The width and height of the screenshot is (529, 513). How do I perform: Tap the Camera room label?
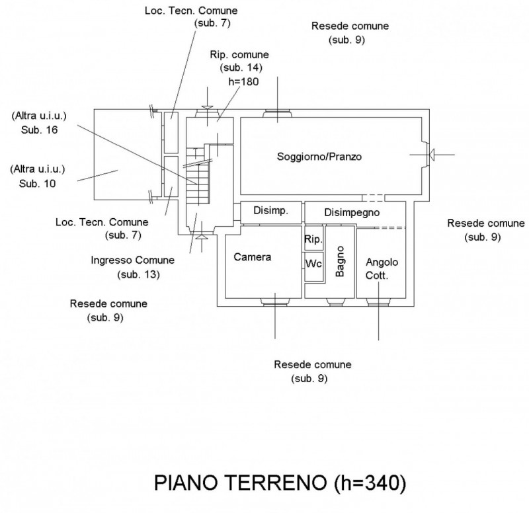[252, 257]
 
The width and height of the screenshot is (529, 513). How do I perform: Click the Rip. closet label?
[313, 239]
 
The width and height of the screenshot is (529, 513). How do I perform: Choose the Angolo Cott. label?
[382, 268]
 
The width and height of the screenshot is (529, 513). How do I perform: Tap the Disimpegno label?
[351, 212]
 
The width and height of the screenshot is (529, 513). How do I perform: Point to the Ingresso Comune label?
[133, 260]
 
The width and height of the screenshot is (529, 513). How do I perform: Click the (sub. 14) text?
[241, 68]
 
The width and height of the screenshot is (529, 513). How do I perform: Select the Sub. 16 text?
[38, 130]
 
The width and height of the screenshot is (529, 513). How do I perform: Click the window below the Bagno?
[335, 303]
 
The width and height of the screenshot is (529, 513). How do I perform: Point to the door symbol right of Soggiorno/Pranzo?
[427, 155]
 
